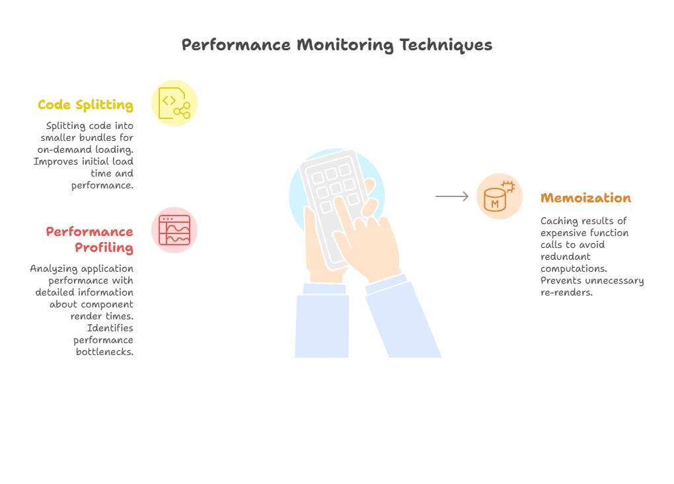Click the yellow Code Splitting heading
click(86, 105)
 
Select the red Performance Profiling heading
click(91, 239)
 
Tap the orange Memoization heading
click(585, 198)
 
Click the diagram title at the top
click(337, 46)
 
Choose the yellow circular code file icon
click(175, 103)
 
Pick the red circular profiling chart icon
click(175, 229)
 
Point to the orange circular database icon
click(499, 196)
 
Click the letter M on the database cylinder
click(494, 204)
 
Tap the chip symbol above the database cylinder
click(508, 185)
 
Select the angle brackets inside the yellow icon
click(168, 100)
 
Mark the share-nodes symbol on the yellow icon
click(182, 111)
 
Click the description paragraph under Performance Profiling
click(83, 310)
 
